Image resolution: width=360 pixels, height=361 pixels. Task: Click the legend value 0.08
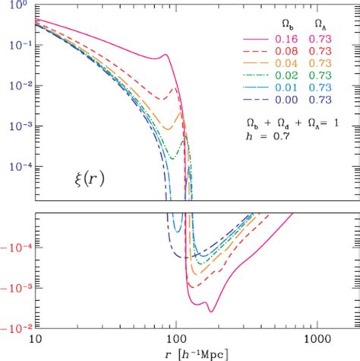pyautogui.click(x=287, y=50)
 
